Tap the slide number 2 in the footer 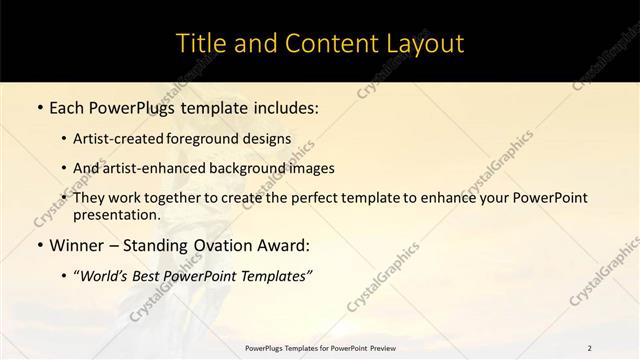pos(589,347)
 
